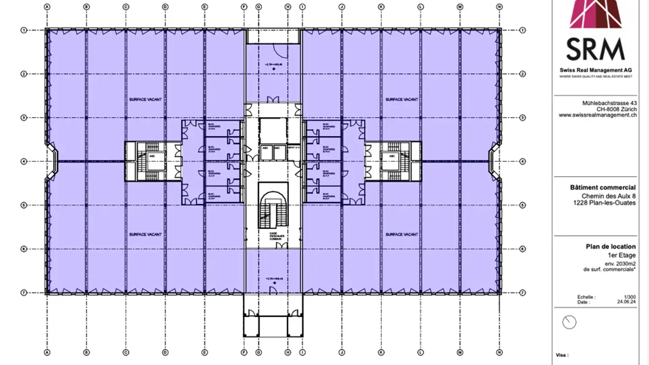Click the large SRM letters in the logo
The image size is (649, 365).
click(595, 49)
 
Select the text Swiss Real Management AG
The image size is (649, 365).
click(596, 70)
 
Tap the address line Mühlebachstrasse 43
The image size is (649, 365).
click(609, 103)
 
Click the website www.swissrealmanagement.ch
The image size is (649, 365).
click(598, 115)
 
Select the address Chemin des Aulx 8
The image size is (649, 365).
click(608, 196)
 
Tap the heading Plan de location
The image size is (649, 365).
click(611, 246)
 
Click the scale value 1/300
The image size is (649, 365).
click(630, 297)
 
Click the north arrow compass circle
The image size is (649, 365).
click(570, 322)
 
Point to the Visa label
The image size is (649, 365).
click(562, 355)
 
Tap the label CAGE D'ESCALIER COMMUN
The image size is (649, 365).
click(273, 236)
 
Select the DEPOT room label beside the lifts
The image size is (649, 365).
click(294, 148)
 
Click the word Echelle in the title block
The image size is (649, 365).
click(586, 297)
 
